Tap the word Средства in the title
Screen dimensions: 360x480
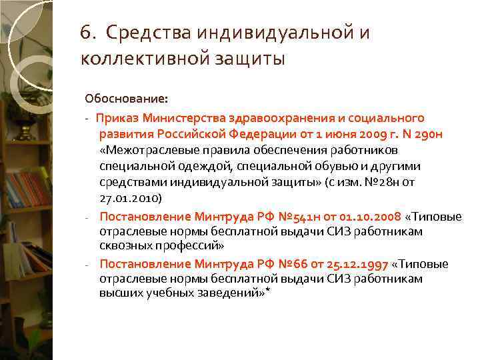coord(141,33)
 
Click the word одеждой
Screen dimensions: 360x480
coord(207,166)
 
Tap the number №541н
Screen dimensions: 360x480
coord(273,216)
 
